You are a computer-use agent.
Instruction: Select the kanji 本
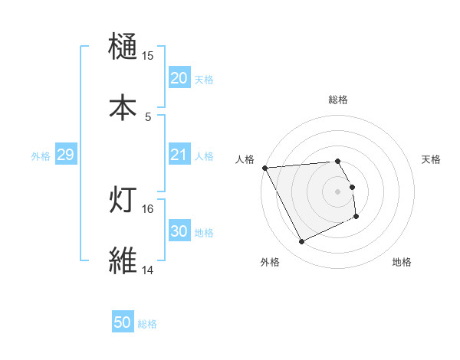[123, 106]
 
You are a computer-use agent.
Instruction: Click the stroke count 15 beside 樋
[148, 56]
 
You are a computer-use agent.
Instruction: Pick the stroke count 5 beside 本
[148, 116]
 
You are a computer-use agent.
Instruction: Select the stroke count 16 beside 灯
[148, 208]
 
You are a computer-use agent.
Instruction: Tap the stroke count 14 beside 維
[148, 270]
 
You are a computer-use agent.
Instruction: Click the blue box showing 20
[179, 78]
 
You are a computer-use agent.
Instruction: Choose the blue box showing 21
[179, 155]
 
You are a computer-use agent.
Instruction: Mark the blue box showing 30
[179, 231]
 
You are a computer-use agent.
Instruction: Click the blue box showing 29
[65, 155]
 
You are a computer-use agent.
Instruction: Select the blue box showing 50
[123, 322]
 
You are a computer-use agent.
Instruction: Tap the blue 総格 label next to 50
[147, 324]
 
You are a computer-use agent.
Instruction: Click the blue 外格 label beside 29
[41, 155]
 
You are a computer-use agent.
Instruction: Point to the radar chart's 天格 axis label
[432, 159]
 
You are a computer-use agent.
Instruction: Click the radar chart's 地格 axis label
[402, 262]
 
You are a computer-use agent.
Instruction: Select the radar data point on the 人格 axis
[264, 168]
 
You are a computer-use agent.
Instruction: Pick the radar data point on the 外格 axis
[301, 242]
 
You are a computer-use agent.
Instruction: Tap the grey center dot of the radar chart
[338, 191]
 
